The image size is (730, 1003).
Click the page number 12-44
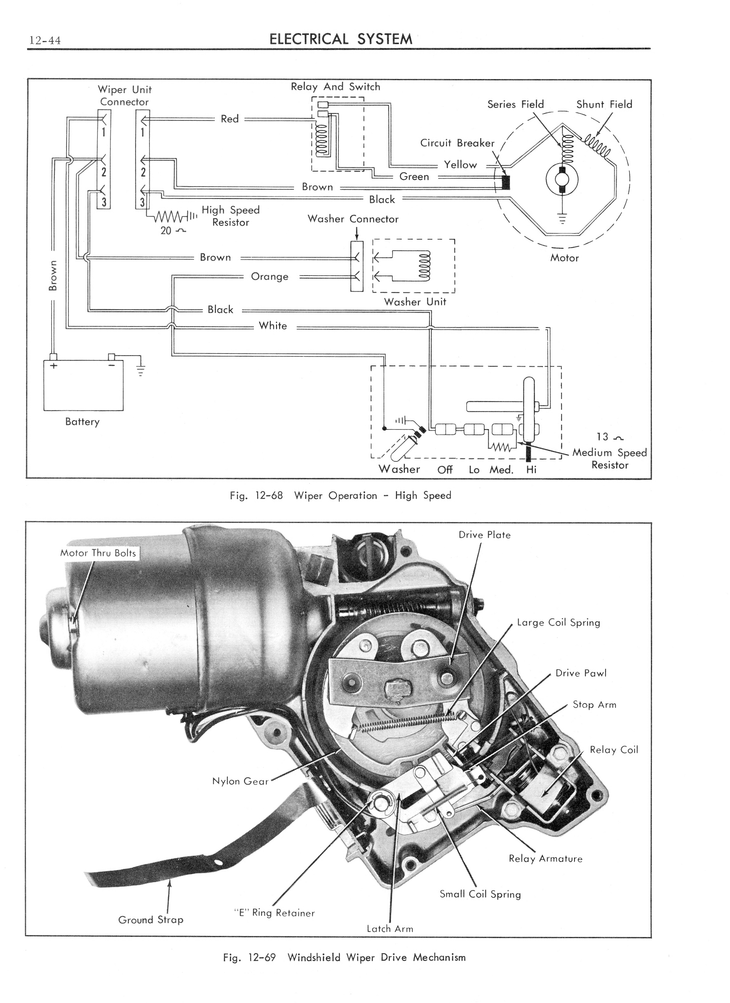45,41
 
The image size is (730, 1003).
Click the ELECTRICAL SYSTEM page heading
341,39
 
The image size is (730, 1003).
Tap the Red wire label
229,119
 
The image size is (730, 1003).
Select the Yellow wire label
460,165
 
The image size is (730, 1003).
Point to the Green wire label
414,177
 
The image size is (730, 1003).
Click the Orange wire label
269,277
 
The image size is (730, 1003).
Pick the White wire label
273,326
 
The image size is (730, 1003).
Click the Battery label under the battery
82,422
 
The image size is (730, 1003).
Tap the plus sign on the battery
54,366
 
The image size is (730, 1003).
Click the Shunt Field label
604,104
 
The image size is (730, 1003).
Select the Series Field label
515,104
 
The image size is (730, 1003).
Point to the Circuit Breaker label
457,143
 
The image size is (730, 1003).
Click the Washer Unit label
415,302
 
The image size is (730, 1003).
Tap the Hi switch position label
531,470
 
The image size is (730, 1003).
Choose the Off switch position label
445,470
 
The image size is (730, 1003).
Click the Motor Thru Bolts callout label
98,553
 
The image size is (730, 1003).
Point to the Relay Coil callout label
614,749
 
